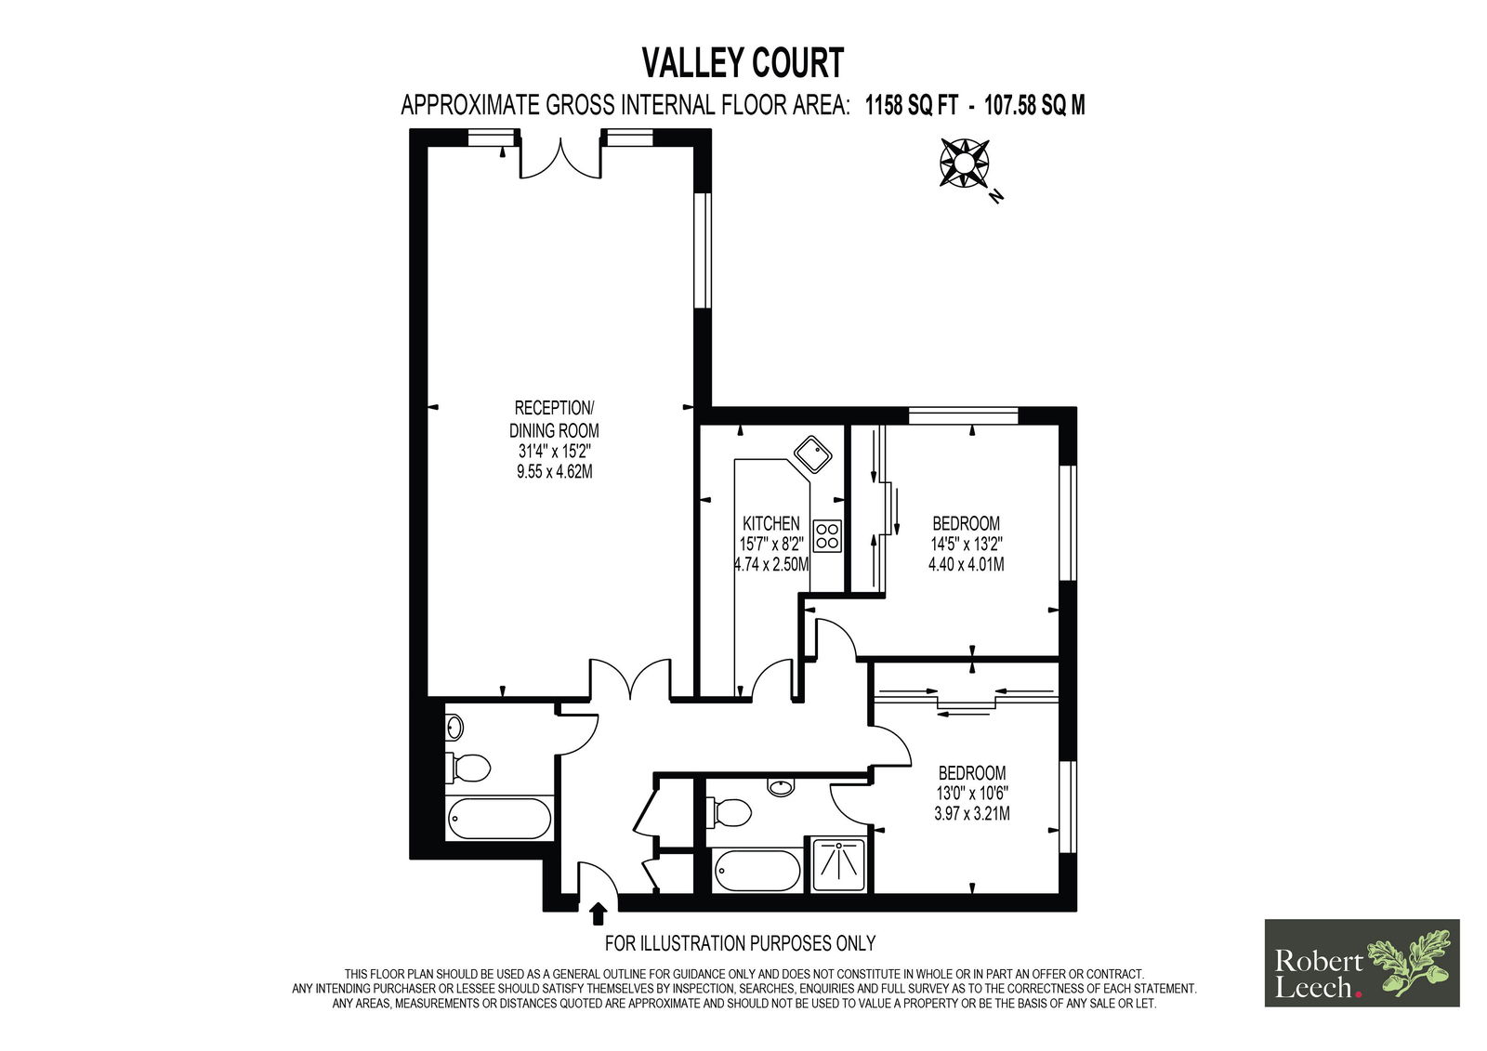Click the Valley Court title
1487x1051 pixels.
(743, 63)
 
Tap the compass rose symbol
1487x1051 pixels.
(964, 163)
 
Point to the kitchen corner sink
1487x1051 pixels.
(813, 454)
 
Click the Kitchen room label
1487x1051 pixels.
(770, 523)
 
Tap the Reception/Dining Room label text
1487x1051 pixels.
(554, 419)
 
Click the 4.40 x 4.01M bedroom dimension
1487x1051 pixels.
(966, 565)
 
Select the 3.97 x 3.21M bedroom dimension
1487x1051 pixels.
(972, 814)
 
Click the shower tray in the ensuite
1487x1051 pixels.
(836, 864)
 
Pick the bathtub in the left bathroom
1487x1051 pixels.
(500, 820)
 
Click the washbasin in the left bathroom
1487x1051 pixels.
(454, 727)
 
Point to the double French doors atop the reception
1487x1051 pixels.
(561, 158)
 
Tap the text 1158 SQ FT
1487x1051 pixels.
(912, 106)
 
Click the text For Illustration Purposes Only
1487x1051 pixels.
(740, 943)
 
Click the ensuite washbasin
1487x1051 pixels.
(781, 787)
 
